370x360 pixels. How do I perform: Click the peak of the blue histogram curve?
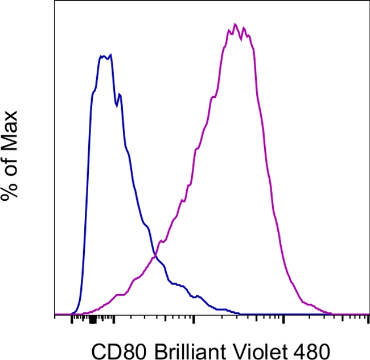110,55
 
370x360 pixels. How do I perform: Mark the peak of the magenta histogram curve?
235,24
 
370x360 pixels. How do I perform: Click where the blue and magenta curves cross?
155,256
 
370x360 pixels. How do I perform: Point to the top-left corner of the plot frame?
55,1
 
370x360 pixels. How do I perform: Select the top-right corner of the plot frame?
369,1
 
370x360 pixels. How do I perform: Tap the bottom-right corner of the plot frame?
369,315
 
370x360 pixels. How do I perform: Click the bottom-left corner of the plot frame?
55,315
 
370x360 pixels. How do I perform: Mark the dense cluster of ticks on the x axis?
92,320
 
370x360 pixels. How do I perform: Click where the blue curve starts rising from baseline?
72,312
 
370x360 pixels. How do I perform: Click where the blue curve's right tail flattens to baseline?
239,313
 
